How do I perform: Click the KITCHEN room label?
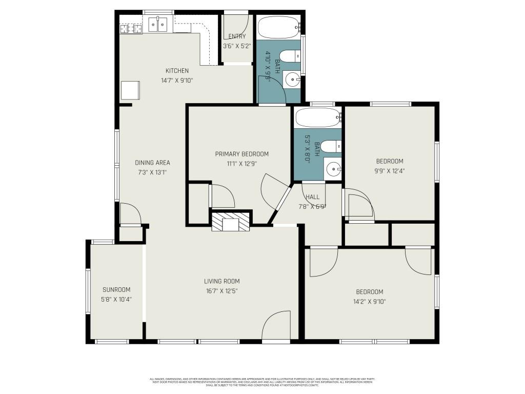coord(177,71)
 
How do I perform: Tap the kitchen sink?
coord(158,24)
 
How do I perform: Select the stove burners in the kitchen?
coord(131,28)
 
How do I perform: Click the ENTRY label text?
coord(237,36)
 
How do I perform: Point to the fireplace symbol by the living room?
coord(231,223)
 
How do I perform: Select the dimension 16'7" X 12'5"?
coord(222,291)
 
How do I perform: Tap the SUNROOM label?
coord(116,289)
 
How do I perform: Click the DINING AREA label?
coord(152,163)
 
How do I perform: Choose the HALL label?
coord(312,197)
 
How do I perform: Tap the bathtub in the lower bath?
coord(318,117)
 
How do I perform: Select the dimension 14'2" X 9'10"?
coord(370,302)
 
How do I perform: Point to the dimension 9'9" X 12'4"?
coord(390,171)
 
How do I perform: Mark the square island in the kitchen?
coord(130,90)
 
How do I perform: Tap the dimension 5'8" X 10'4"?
coord(116,299)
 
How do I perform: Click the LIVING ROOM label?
coord(222,281)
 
